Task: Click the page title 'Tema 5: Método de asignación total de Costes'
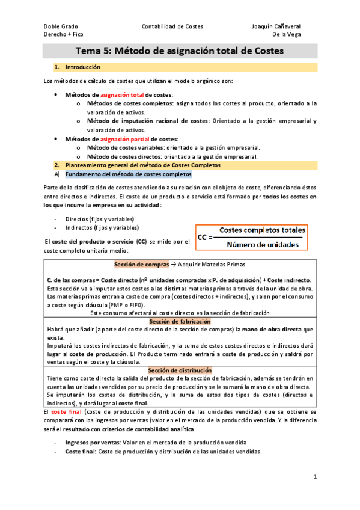(x=180, y=51)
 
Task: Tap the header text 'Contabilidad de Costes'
(x=172, y=26)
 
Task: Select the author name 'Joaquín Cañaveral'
(x=276, y=26)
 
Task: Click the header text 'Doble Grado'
(x=61, y=26)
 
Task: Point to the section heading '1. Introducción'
(x=78, y=67)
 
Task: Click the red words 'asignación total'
(x=122, y=95)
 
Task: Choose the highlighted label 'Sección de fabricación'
(x=180, y=322)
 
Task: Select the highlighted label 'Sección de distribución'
(x=180, y=370)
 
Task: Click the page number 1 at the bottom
(x=315, y=476)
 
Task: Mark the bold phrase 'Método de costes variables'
(x=123, y=147)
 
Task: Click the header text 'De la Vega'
(x=287, y=35)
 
